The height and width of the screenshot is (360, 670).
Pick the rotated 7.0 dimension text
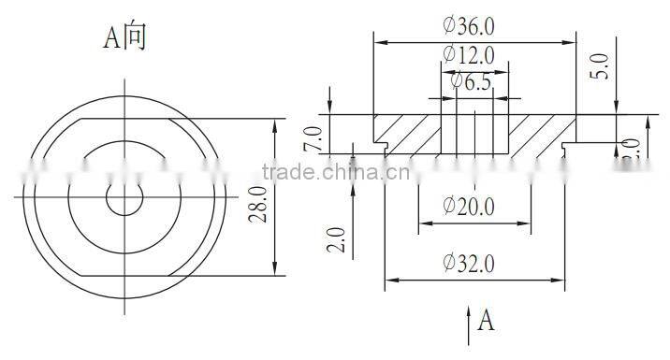(x=313, y=138)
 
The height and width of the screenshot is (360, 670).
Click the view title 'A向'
(x=124, y=37)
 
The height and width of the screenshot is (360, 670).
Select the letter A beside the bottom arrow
(x=486, y=321)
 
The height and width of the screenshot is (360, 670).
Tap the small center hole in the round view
(x=124, y=197)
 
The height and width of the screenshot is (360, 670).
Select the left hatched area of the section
(x=408, y=132)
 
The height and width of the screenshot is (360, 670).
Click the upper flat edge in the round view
(x=124, y=119)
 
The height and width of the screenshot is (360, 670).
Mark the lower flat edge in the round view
(x=124, y=276)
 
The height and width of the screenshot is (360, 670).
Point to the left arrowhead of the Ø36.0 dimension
(x=378, y=41)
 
